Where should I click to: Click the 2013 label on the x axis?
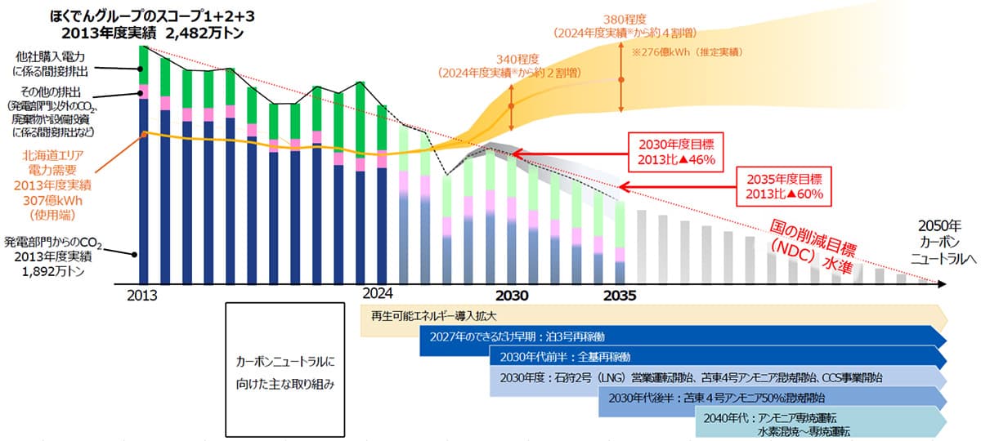pos(143,294)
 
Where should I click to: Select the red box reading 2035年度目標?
pos(783,185)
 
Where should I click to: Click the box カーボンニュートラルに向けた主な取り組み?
pos(284,370)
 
